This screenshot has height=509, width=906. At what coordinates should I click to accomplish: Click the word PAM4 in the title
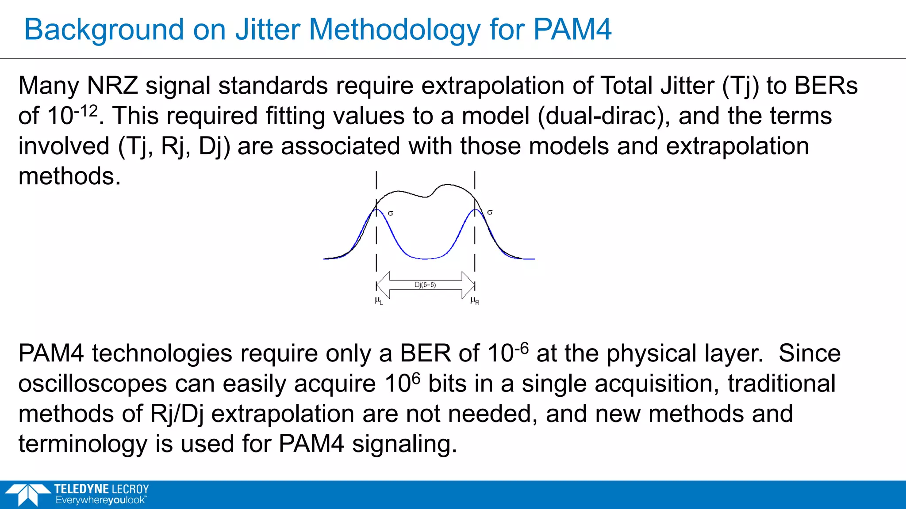pyautogui.click(x=572, y=30)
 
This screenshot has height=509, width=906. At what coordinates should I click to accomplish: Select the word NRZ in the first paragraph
pyautogui.click(x=113, y=85)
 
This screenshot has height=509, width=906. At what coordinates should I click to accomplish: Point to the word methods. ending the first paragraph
pyautogui.click(x=69, y=176)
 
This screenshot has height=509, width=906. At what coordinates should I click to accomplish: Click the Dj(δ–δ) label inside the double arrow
pyautogui.click(x=425, y=285)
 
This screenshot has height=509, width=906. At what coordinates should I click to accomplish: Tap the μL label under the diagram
pyautogui.click(x=378, y=301)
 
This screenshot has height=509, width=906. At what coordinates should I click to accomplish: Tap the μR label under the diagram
pyautogui.click(x=475, y=301)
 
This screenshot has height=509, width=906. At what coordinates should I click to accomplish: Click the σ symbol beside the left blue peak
pyautogui.click(x=391, y=213)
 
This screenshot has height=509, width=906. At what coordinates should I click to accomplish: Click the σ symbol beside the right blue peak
pyautogui.click(x=490, y=213)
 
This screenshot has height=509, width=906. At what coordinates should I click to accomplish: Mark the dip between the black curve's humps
pyautogui.click(x=426, y=197)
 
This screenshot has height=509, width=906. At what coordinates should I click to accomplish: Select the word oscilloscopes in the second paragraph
pyautogui.click(x=92, y=384)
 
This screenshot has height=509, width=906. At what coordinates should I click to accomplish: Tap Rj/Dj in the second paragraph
pyautogui.click(x=177, y=414)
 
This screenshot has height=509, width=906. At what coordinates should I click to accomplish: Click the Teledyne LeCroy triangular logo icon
pyautogui.click(x=27, y=494)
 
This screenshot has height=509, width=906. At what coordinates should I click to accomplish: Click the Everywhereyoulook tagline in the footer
pyautogui.click(x=100, y=500)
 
